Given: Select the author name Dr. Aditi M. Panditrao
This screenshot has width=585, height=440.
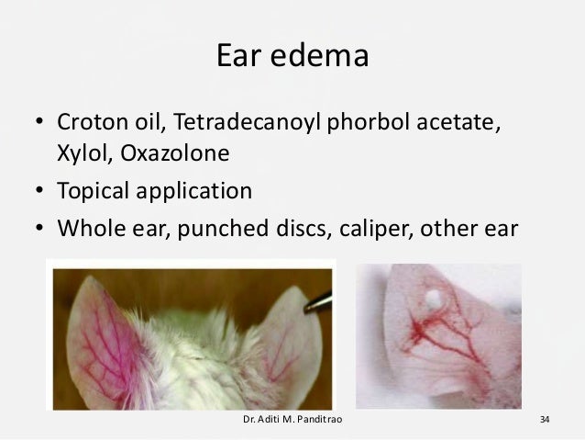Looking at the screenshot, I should click(289, 421).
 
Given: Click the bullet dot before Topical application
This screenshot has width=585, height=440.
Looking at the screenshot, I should click(40, 193).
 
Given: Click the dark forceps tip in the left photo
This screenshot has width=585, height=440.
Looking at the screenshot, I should click(322, 299).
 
